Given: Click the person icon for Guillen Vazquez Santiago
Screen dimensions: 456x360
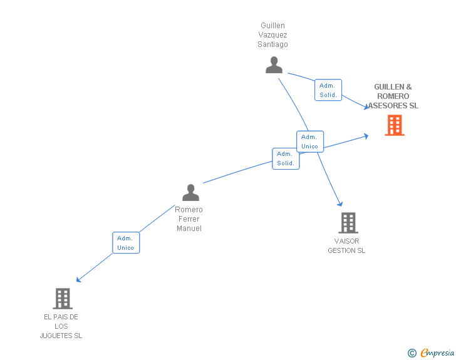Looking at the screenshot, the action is coord(274,64).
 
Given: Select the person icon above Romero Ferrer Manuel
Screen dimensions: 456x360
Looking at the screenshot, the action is coord(190,192).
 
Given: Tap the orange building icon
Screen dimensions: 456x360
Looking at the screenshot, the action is coord(394,125).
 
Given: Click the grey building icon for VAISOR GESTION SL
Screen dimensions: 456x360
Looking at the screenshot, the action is coord(348,222).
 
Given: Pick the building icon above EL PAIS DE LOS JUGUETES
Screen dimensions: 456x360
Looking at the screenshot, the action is coord(62,299).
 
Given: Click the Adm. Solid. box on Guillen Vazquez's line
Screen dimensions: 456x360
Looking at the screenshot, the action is coord(328,90).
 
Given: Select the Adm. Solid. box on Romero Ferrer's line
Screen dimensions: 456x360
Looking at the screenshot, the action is coord(286,158).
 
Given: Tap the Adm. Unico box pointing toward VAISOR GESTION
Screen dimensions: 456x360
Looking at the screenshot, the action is coord(309,141).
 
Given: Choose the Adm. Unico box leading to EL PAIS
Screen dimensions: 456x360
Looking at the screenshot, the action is coord(125,243).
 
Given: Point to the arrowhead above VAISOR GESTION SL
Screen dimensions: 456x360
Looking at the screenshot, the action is coord(340,203).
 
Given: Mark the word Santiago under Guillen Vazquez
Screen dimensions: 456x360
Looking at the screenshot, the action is coord(272,44).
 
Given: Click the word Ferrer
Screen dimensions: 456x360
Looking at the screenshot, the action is coord(189,219).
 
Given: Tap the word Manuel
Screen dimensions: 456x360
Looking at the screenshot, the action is coord(189,229).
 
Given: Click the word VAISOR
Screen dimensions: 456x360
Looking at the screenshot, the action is coord(347,241).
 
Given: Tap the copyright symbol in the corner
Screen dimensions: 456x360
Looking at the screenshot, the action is coord(412,353).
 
